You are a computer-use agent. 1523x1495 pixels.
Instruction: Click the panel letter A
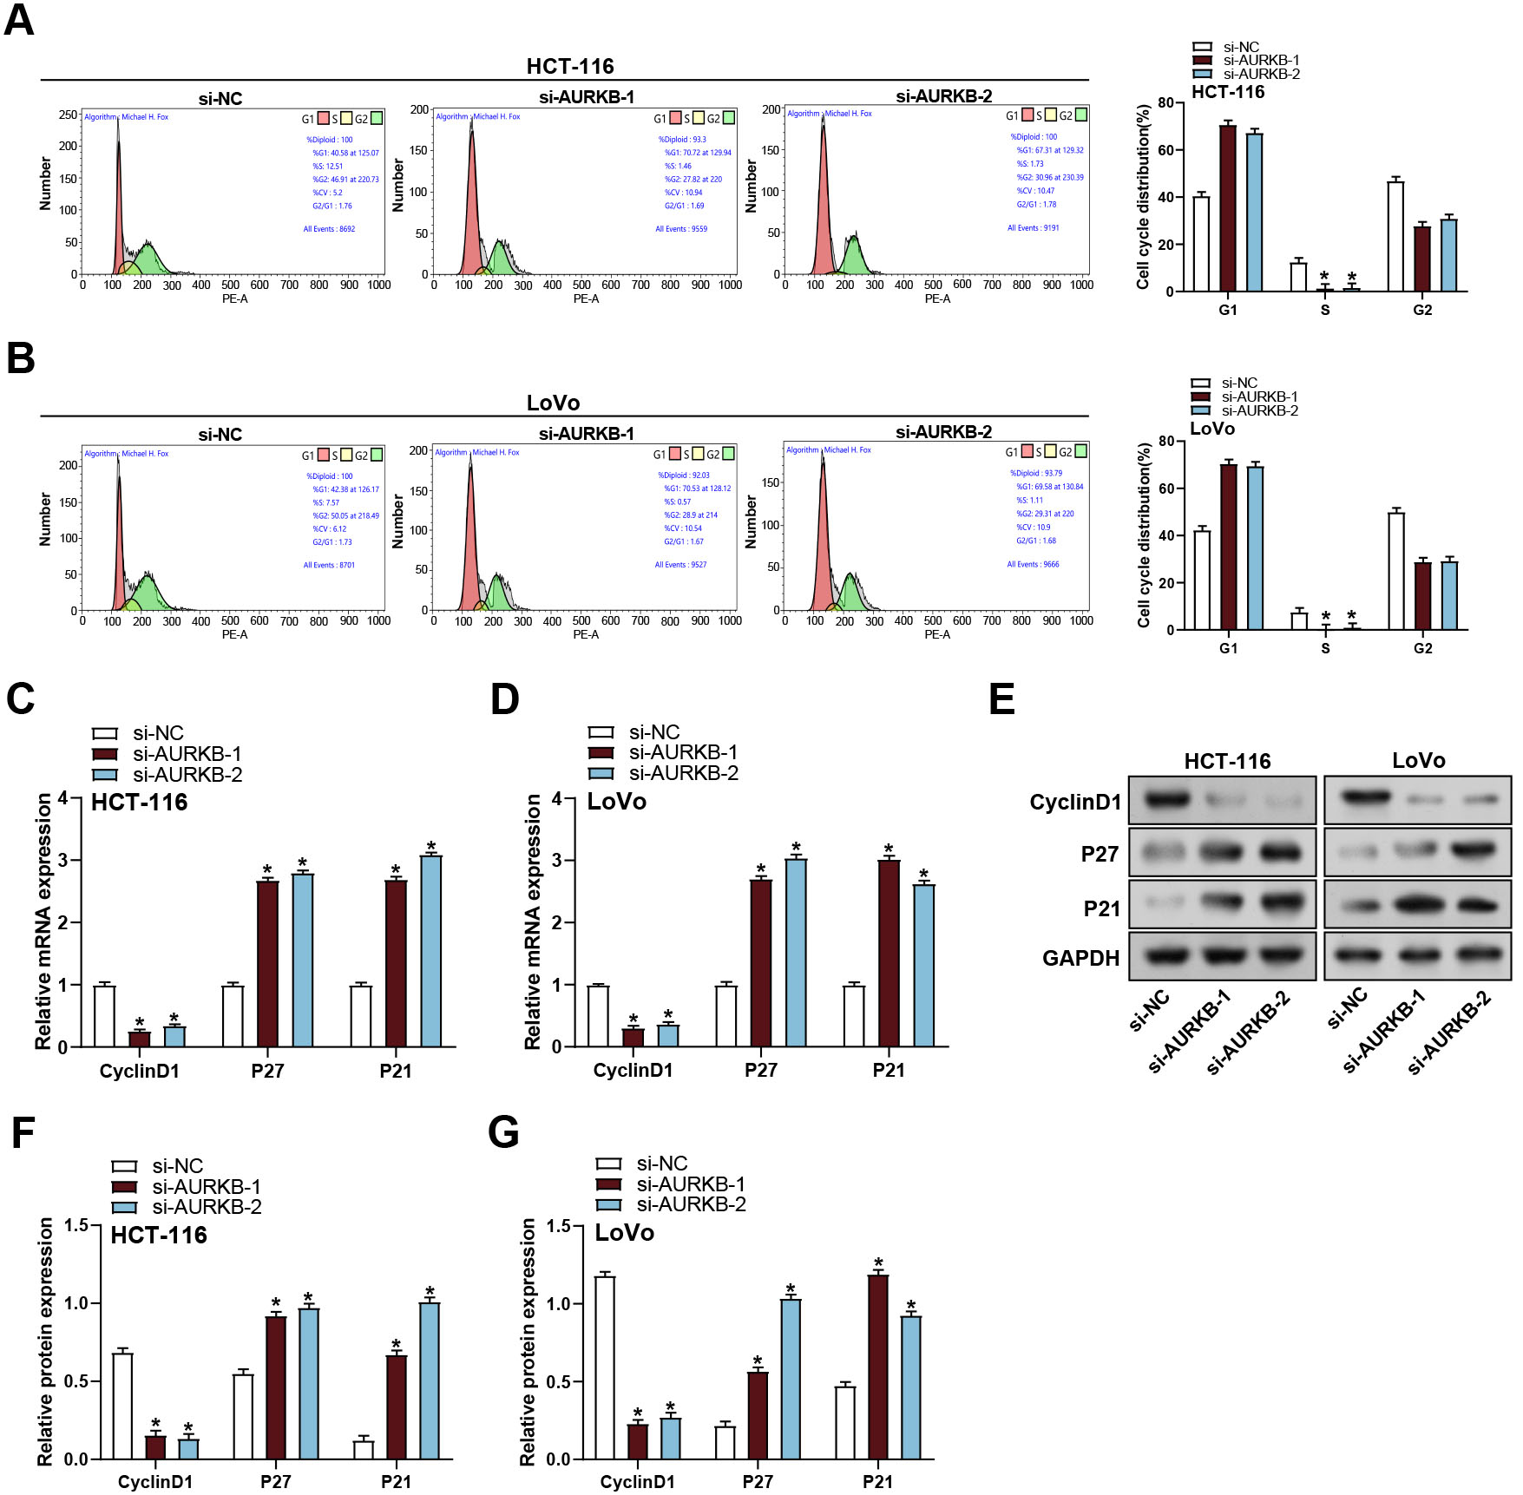point(19,19)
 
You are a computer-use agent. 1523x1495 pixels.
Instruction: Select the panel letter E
point(1001,699)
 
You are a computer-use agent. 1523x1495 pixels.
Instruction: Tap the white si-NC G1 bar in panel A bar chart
point(1201,244)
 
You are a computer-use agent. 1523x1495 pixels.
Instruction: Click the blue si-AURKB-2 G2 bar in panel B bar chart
point(1449,595)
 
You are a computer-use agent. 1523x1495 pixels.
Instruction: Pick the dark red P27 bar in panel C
point(267,963)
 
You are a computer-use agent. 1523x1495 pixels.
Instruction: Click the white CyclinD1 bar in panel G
point(605,1367)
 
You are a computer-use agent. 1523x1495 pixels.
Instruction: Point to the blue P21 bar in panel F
point(430,1380)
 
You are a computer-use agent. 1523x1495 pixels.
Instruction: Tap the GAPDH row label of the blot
point(1080,958)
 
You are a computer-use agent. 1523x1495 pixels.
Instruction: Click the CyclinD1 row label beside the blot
point(1075,802)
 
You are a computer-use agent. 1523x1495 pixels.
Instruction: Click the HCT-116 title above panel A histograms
point(569,66)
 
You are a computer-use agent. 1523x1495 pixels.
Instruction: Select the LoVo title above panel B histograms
point(553,403)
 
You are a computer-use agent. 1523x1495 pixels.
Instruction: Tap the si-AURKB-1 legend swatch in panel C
point(105,754)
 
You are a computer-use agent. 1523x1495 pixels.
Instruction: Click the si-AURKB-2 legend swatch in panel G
point(609,1204)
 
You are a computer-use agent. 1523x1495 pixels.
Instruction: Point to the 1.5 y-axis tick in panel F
point(76,1225)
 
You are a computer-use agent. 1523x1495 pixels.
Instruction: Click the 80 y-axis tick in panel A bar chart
point(1165,102)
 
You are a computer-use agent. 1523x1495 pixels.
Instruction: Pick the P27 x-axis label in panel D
point(760,1071)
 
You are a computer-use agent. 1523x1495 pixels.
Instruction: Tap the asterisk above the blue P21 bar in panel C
point(431,846)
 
